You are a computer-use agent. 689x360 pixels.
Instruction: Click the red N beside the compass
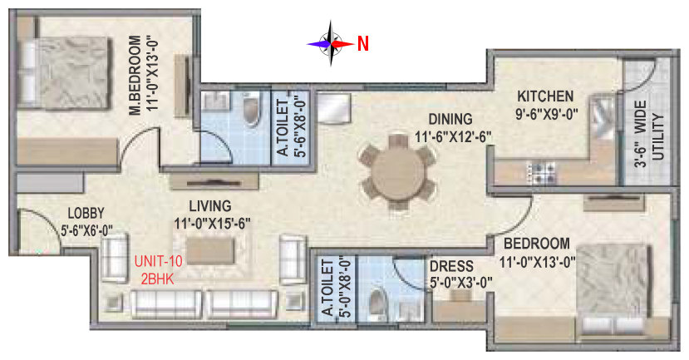(x=363, y=43)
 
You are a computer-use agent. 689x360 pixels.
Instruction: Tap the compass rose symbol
(x=331, y=43)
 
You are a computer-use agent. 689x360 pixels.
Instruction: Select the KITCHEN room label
(x=545, y=96)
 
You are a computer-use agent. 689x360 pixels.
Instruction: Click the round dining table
(x=398, y=171)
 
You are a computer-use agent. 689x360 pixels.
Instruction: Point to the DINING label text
(x=450, y=119)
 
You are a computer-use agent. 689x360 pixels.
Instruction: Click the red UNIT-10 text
(x=158, y=262)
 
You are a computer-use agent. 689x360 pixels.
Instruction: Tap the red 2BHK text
(x=157, y=279)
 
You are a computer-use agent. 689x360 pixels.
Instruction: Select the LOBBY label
(x=86, y=213)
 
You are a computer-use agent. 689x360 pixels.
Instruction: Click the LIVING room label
(x=210, y=205)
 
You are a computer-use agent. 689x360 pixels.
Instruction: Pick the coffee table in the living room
(x=210, y=251)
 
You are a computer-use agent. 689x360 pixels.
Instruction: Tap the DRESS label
(x=451, y=266)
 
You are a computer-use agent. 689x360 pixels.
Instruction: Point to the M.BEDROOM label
(x=135, y=75)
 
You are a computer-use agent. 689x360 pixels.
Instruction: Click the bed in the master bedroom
(x=63, y=72)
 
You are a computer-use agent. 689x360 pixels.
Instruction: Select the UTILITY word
(x=657, y=136)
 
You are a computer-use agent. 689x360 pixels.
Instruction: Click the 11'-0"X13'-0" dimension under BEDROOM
(x=538, y=263)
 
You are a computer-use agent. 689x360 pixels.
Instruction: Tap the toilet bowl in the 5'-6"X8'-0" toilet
(x=252, y=111)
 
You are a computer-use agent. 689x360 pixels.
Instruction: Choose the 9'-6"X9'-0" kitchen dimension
(x=546, y=114)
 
